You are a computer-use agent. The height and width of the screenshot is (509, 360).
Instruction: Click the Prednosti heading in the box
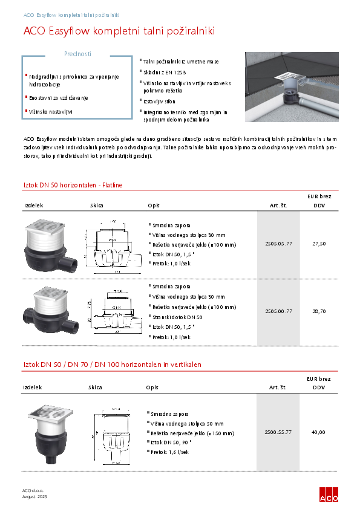coord(77,54)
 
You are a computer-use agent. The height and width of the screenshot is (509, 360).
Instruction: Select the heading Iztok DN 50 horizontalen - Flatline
coord(73,184)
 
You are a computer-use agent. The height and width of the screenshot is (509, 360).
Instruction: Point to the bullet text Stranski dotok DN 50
coord(177,317)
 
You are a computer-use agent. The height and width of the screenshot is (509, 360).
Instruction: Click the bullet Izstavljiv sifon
coord(160,102)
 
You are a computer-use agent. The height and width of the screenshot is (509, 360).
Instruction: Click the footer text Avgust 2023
coord(34,496)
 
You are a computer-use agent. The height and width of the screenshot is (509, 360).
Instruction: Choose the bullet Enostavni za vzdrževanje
coord(59,97)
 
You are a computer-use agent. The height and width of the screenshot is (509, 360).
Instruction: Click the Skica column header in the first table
coord(97,206)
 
